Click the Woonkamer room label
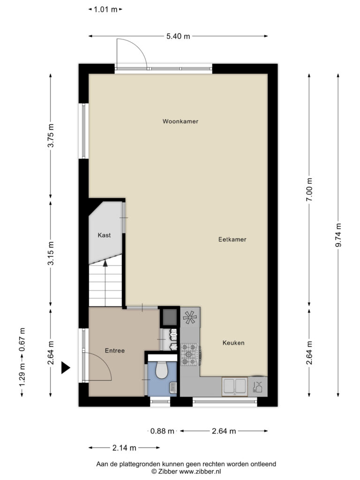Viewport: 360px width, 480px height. [x=180, y=121]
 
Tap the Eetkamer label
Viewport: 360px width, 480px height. [x=232, y=240]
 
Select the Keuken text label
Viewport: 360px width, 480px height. [x=233, y=343]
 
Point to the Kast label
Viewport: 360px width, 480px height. [x=104, y=235]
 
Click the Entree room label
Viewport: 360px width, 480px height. [x=115, y=351]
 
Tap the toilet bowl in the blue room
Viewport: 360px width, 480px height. [x=162, y=369]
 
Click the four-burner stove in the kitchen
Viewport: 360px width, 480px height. [x=189, y=354]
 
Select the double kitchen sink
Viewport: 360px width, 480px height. [x=235, y=386]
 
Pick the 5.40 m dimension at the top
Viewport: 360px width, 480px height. [x=178, y=37]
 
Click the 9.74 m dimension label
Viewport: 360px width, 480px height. [x=338, y=235]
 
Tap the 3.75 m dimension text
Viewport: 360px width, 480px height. [x=51, y=135]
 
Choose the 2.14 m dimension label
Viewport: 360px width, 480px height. [x=124, y=448]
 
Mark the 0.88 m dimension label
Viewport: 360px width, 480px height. [x=162, y=431]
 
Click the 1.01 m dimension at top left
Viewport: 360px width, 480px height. [x=105, y=9]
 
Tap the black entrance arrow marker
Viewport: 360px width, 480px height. [x=66, y=367]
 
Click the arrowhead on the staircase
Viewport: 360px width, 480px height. [x=105, y=263]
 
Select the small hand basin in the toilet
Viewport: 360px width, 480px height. [x=173, y=388]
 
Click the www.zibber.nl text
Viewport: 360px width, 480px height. [x=200, y=472]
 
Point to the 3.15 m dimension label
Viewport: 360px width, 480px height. [x=51, y=253]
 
